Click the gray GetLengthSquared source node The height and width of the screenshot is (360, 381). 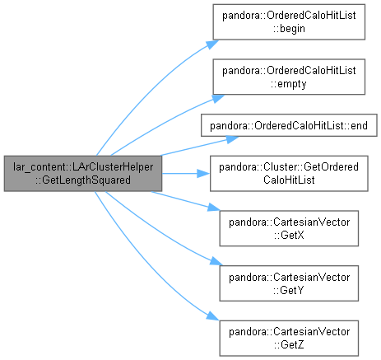tap(83, 174)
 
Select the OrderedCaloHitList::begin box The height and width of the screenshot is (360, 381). tap(289, 22)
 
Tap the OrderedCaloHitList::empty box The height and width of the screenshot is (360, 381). tap(289, 77)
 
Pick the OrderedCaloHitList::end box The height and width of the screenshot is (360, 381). tap(289, 125)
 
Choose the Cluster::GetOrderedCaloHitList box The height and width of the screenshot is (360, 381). tap(289, 174)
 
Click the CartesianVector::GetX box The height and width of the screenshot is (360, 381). tap(289, 228)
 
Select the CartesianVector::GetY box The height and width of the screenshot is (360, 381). tap(289, 283)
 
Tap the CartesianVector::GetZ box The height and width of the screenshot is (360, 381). tap(289, 338)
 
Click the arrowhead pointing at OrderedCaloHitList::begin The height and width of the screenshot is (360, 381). tap(212, 44)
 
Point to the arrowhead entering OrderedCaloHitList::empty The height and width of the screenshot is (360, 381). tap(218, 98)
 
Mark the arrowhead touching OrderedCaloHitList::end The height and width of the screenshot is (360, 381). tap(232, 139)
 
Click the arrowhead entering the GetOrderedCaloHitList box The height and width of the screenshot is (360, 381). tap(203, 174)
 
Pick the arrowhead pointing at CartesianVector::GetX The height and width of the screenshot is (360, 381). tap(214, 208)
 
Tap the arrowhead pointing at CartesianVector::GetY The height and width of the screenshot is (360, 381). tap(216, 261)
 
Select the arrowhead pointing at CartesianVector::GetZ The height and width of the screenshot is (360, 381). tap(213, 316)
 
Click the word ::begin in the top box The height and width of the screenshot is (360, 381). tap(289, 29)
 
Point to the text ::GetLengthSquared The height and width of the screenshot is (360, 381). tap(83, 180)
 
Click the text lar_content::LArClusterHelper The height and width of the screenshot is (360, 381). tap(83, 166)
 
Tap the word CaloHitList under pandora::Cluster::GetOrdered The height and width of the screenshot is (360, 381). tap(289, 180)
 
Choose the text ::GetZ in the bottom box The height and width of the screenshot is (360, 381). tap(289, 344)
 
